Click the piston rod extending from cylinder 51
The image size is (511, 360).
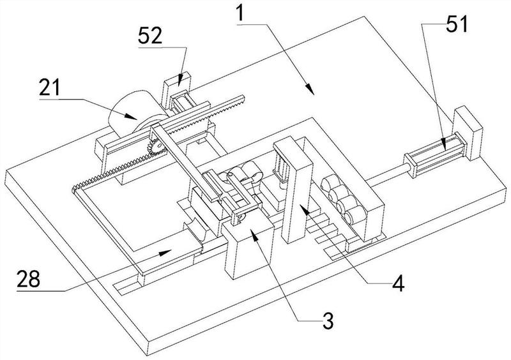point(390,172)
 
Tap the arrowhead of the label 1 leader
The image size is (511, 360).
point(311,91)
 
